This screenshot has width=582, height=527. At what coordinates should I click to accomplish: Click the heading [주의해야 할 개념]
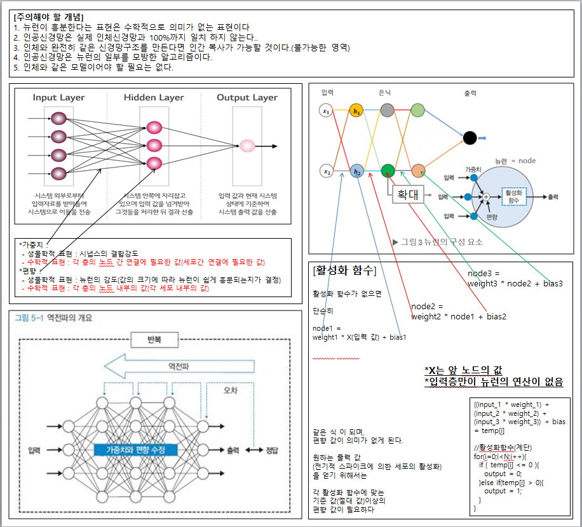[49, 17]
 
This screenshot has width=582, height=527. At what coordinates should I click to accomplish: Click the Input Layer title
[59, 98]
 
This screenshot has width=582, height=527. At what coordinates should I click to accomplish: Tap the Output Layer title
[247, 98]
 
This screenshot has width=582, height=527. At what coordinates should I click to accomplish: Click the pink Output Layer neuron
[248, 146]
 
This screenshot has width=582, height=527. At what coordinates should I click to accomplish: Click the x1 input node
[326, 111]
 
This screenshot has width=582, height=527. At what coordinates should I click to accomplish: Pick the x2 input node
[326, 171]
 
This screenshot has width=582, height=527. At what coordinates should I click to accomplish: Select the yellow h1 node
[356, 111]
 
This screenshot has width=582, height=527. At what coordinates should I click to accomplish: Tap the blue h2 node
[356, 171]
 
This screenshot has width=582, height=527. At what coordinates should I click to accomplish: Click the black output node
[470, 137]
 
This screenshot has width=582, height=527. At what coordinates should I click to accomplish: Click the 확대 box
[407, 194]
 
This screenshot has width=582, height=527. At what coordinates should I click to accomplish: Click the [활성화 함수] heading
[344, 271]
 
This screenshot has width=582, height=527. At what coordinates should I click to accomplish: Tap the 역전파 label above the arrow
[177, 366]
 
